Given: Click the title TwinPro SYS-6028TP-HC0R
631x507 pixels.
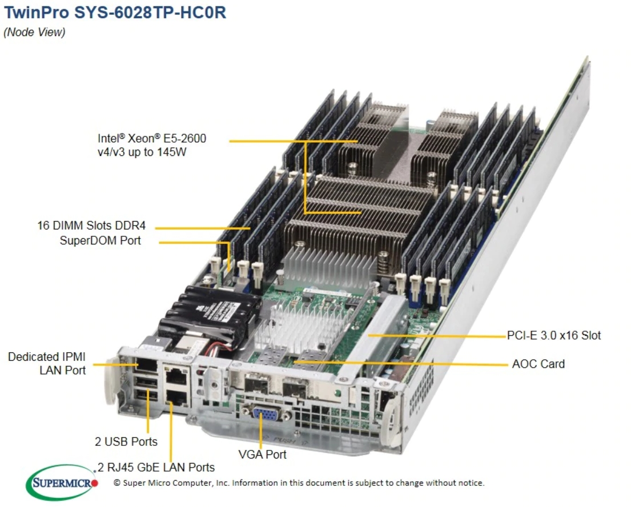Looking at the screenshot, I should tap(115, 13).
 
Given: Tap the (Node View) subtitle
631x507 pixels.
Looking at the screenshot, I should tap(34, 33).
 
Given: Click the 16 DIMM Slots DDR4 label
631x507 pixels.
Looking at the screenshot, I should tap(91, 226).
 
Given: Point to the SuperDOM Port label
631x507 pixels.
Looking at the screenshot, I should tap(100, 241).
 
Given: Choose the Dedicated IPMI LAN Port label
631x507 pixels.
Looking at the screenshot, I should tap(47, 364).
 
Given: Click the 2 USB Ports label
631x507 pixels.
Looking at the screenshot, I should tap(126, 441).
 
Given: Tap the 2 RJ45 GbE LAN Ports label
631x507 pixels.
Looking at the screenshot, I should tap(156, 468).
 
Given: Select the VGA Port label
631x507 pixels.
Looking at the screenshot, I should tap(262, 454).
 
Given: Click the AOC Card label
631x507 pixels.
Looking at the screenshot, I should tap(538, 364).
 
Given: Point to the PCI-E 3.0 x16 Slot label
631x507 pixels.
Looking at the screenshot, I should tap(554, 335).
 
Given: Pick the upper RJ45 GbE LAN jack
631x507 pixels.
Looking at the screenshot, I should tap(175, 375).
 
